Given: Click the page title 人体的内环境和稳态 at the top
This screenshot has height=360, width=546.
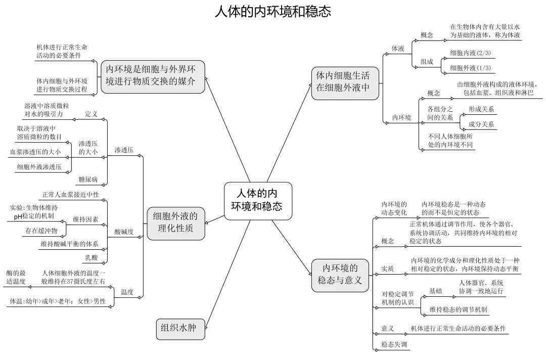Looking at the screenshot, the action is point(272,12).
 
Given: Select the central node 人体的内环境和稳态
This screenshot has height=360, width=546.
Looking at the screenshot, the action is point(258,201).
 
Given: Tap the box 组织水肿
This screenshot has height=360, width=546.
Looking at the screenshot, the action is point(180,328).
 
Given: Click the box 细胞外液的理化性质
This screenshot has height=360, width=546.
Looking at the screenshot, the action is point(175,223).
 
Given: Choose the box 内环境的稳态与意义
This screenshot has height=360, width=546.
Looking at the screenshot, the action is point(340,275).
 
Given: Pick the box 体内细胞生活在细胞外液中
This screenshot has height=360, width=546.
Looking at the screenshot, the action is point(345,83).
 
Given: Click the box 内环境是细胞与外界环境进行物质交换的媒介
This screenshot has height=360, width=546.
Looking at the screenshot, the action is point(153,76).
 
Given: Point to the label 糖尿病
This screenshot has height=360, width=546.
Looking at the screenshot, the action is point(88,179).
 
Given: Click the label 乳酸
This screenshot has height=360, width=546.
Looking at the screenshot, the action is point(92,258).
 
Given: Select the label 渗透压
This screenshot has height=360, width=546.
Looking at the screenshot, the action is point(124,150).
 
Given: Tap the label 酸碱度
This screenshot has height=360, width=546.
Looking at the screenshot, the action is point(124,232).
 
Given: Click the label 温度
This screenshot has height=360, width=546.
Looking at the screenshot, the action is point(127,292).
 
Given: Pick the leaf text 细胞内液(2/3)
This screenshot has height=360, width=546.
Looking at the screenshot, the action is point(470,53).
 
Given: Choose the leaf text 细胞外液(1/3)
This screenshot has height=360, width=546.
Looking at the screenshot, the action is point(470,68).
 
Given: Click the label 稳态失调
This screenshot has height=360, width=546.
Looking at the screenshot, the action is point(394,344).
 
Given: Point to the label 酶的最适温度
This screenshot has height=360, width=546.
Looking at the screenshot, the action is point(16,277).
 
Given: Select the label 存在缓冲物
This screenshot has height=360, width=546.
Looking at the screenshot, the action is point(41,231).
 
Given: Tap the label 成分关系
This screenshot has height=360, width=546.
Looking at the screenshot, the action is point(481,124).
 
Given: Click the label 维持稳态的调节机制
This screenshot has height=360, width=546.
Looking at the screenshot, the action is point(458,309).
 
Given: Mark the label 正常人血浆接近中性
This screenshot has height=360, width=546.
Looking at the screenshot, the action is point(71,195).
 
